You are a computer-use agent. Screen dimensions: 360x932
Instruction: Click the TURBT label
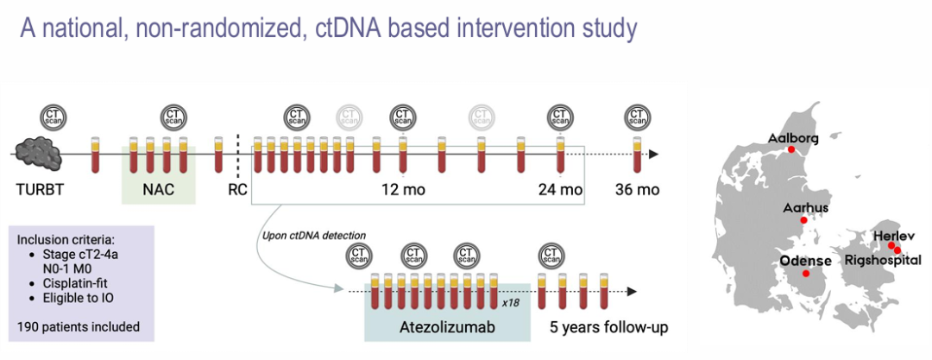[x=38, y=190]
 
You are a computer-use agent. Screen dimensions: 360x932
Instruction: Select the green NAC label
[x=157, y=190]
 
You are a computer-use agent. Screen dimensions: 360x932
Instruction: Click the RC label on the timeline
[x=238, y=190]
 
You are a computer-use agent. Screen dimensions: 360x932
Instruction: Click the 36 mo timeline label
[x=637, y=190]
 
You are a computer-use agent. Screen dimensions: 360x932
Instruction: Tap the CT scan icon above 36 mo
[x=638, y=117]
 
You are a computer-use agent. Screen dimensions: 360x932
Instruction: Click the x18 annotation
[x=511, y=304]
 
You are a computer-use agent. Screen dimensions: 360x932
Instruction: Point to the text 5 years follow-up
[x=610, y=328]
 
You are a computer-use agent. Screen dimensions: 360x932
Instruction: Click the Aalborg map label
[x=791, y=138]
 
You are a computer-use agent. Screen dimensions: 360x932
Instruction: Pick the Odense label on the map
[x=804, y=261]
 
